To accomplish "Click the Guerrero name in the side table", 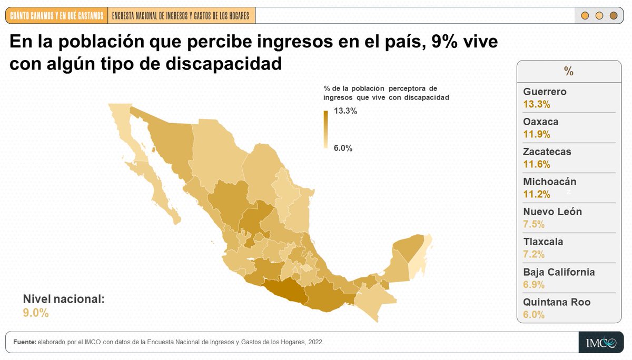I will pyautogui.click(x=545, y=92).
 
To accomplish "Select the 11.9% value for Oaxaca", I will pyautogui.click(x=536, y=134).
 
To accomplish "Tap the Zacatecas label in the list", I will pyautogui.click(x=547, y=152).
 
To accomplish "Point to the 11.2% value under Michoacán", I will pyautogui.click(x=536, y=194).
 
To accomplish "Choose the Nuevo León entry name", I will pyautogui.click(x=552, y=212).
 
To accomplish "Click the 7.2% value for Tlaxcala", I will pyautogui.click(x=534, y=254).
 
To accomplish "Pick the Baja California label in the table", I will pyautogui.click(x=559, y=272).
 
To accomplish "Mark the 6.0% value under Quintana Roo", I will pyautogui.click(x=534, y=315).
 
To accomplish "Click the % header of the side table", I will pyautogui.click(x=568, y=72).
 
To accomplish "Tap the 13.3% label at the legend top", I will pyautogui.click(x=345, y=111).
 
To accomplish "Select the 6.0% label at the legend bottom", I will pyautogui.click(x=343, y=148).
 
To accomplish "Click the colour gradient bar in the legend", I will pyautogui.click(x=325, y=129).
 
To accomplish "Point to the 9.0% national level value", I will pyautogui.click(x=36, y=313).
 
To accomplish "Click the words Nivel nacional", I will pyautogui.click(x=64, y=299).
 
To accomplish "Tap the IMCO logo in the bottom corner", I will pyautogui.click(x=600, y=343).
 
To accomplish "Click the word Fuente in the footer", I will pyautogui.click(x=24, y=342).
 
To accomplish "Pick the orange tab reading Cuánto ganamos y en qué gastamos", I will pyautogui.click(x=57, y=16).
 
